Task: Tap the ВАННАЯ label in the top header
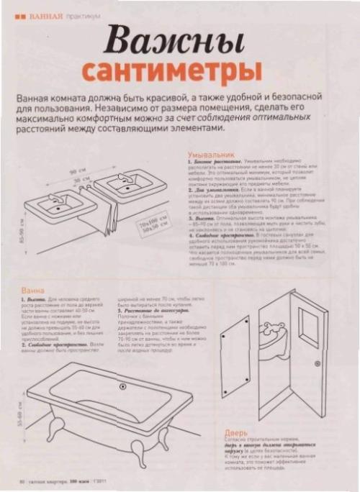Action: (x=44, y=15)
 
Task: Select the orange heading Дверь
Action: (x=237, y=434)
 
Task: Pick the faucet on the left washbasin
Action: (x=53, y=194)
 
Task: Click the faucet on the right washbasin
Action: (x=120, y=176)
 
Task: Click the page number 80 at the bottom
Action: (x=23, y=480)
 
